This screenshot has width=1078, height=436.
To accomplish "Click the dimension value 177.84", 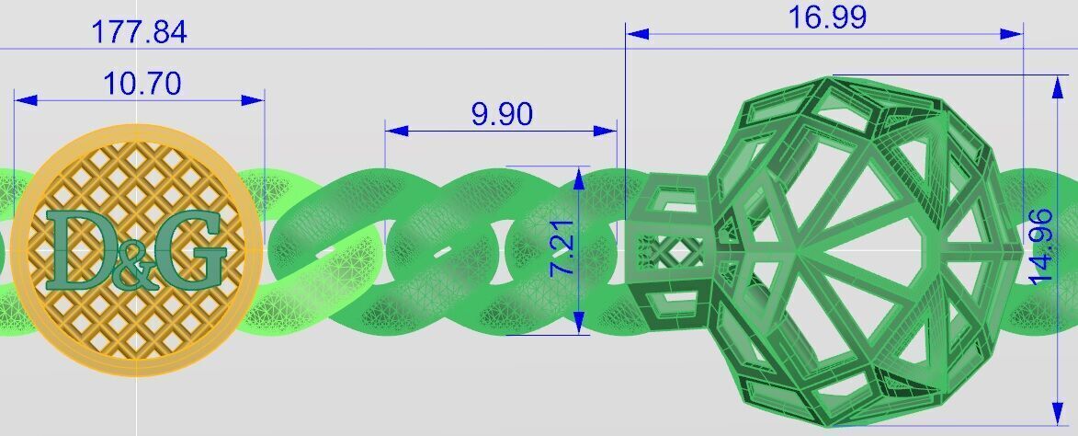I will pyautogui.click(x=139, y=32).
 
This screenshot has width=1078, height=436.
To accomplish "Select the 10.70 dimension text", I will pyautogui.click(x=142, y=84).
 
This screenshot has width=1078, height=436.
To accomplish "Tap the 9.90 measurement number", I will pyautogui.click(x=501, y=114).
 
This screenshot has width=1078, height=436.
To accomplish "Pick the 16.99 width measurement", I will pyautogui.click(x=826, y=17).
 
